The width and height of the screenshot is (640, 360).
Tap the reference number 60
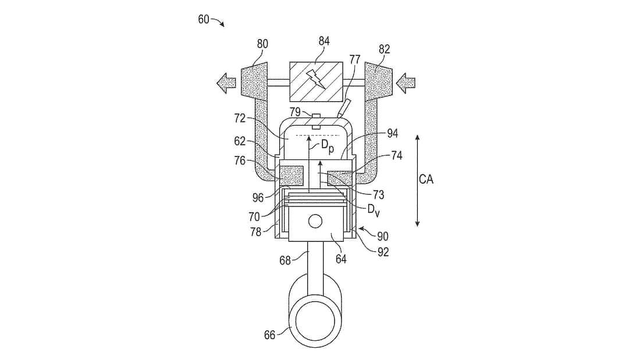204,19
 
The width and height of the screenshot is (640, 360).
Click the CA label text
426,179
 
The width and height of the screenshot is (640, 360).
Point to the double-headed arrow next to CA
417,180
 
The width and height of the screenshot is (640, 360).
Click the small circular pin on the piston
315,221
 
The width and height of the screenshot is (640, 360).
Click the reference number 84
324,42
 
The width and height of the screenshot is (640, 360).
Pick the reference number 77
355,60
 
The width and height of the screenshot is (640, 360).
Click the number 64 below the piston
340,259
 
